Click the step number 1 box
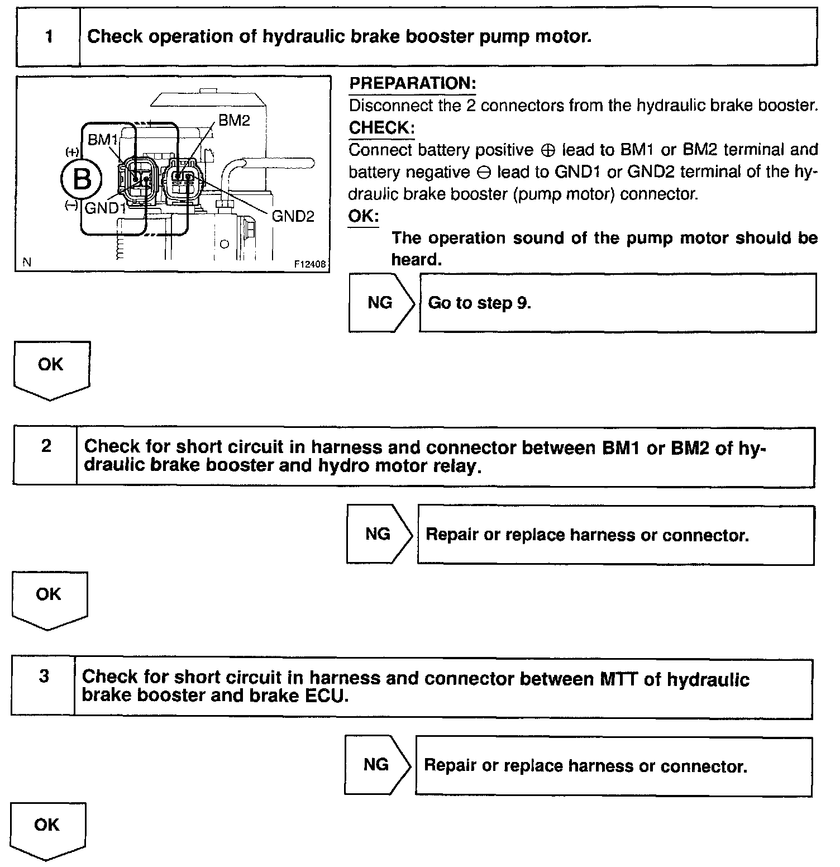pos(49,37)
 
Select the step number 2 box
pos(46,446)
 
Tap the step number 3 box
pos(44,677)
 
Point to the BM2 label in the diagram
pos(234,120)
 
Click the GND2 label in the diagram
pos(293,216)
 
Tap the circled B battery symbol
pos(82,179)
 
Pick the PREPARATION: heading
pos(412,84)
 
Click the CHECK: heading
pos(381,128)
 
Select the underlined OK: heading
pos(363,216)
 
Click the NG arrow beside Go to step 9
pos(381,303)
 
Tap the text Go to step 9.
pos(479,303)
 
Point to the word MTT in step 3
pos(619,679)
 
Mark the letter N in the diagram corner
pos(27,262)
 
